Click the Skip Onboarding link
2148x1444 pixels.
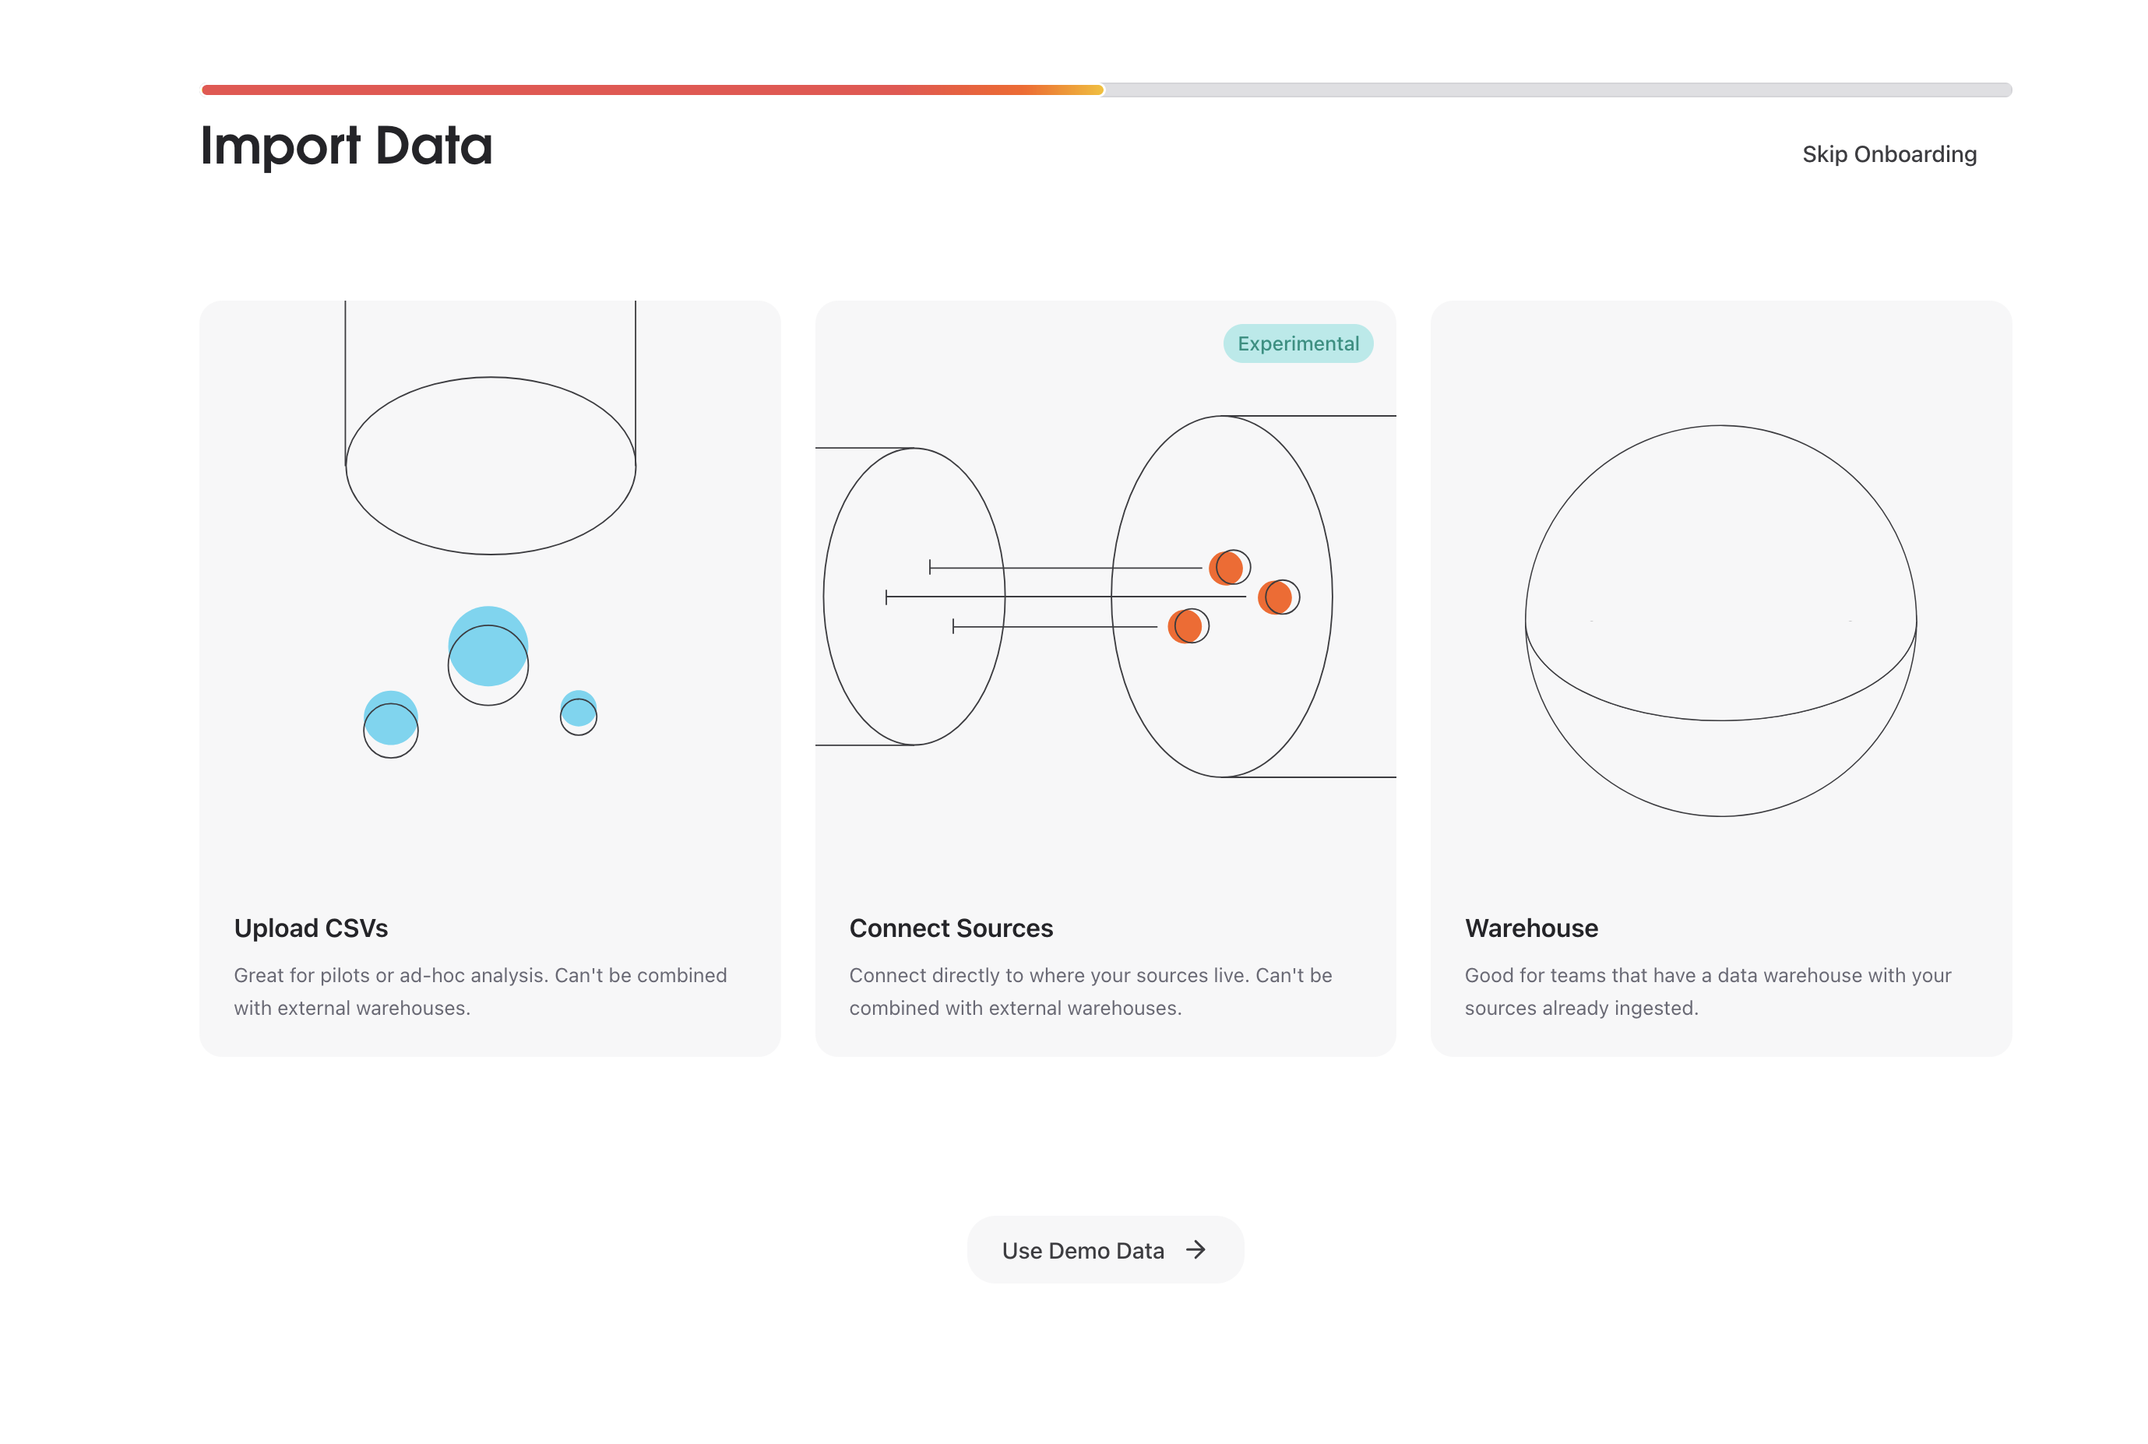[1889, 153]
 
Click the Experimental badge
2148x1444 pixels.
[1298, 343]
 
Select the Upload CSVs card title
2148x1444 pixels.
[310, 928]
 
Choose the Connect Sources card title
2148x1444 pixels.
[950, 928]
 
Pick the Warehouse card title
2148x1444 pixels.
[1530, 928]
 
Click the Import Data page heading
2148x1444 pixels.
[346, 146]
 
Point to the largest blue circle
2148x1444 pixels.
[488, 645]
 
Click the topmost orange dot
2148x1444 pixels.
[1227, 567]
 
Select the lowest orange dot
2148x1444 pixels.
[1185, 626]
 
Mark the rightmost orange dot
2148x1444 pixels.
[1275, 597]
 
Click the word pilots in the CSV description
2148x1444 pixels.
[346, 975]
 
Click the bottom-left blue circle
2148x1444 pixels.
[390, 717]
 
